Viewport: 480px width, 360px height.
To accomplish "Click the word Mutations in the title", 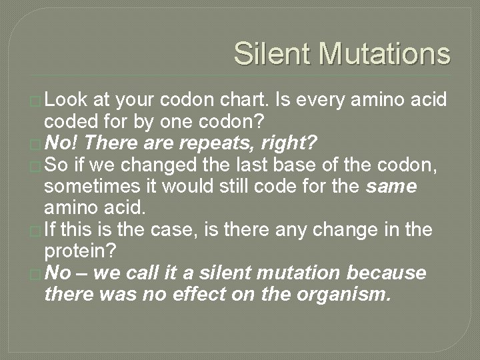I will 385,54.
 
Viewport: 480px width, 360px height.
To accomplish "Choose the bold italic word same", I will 392,187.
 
